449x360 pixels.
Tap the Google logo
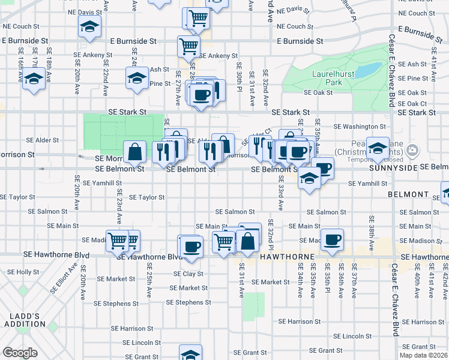20,353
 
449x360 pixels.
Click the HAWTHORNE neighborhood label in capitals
288,257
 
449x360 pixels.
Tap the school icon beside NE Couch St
89,27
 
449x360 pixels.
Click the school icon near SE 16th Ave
34,80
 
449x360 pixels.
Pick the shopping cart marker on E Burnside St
188,46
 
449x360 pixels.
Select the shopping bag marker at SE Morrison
135,152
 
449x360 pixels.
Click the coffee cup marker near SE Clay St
191,247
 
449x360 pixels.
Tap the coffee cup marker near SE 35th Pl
332,240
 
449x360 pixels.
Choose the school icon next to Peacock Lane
377,148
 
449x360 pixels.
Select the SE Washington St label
359,127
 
